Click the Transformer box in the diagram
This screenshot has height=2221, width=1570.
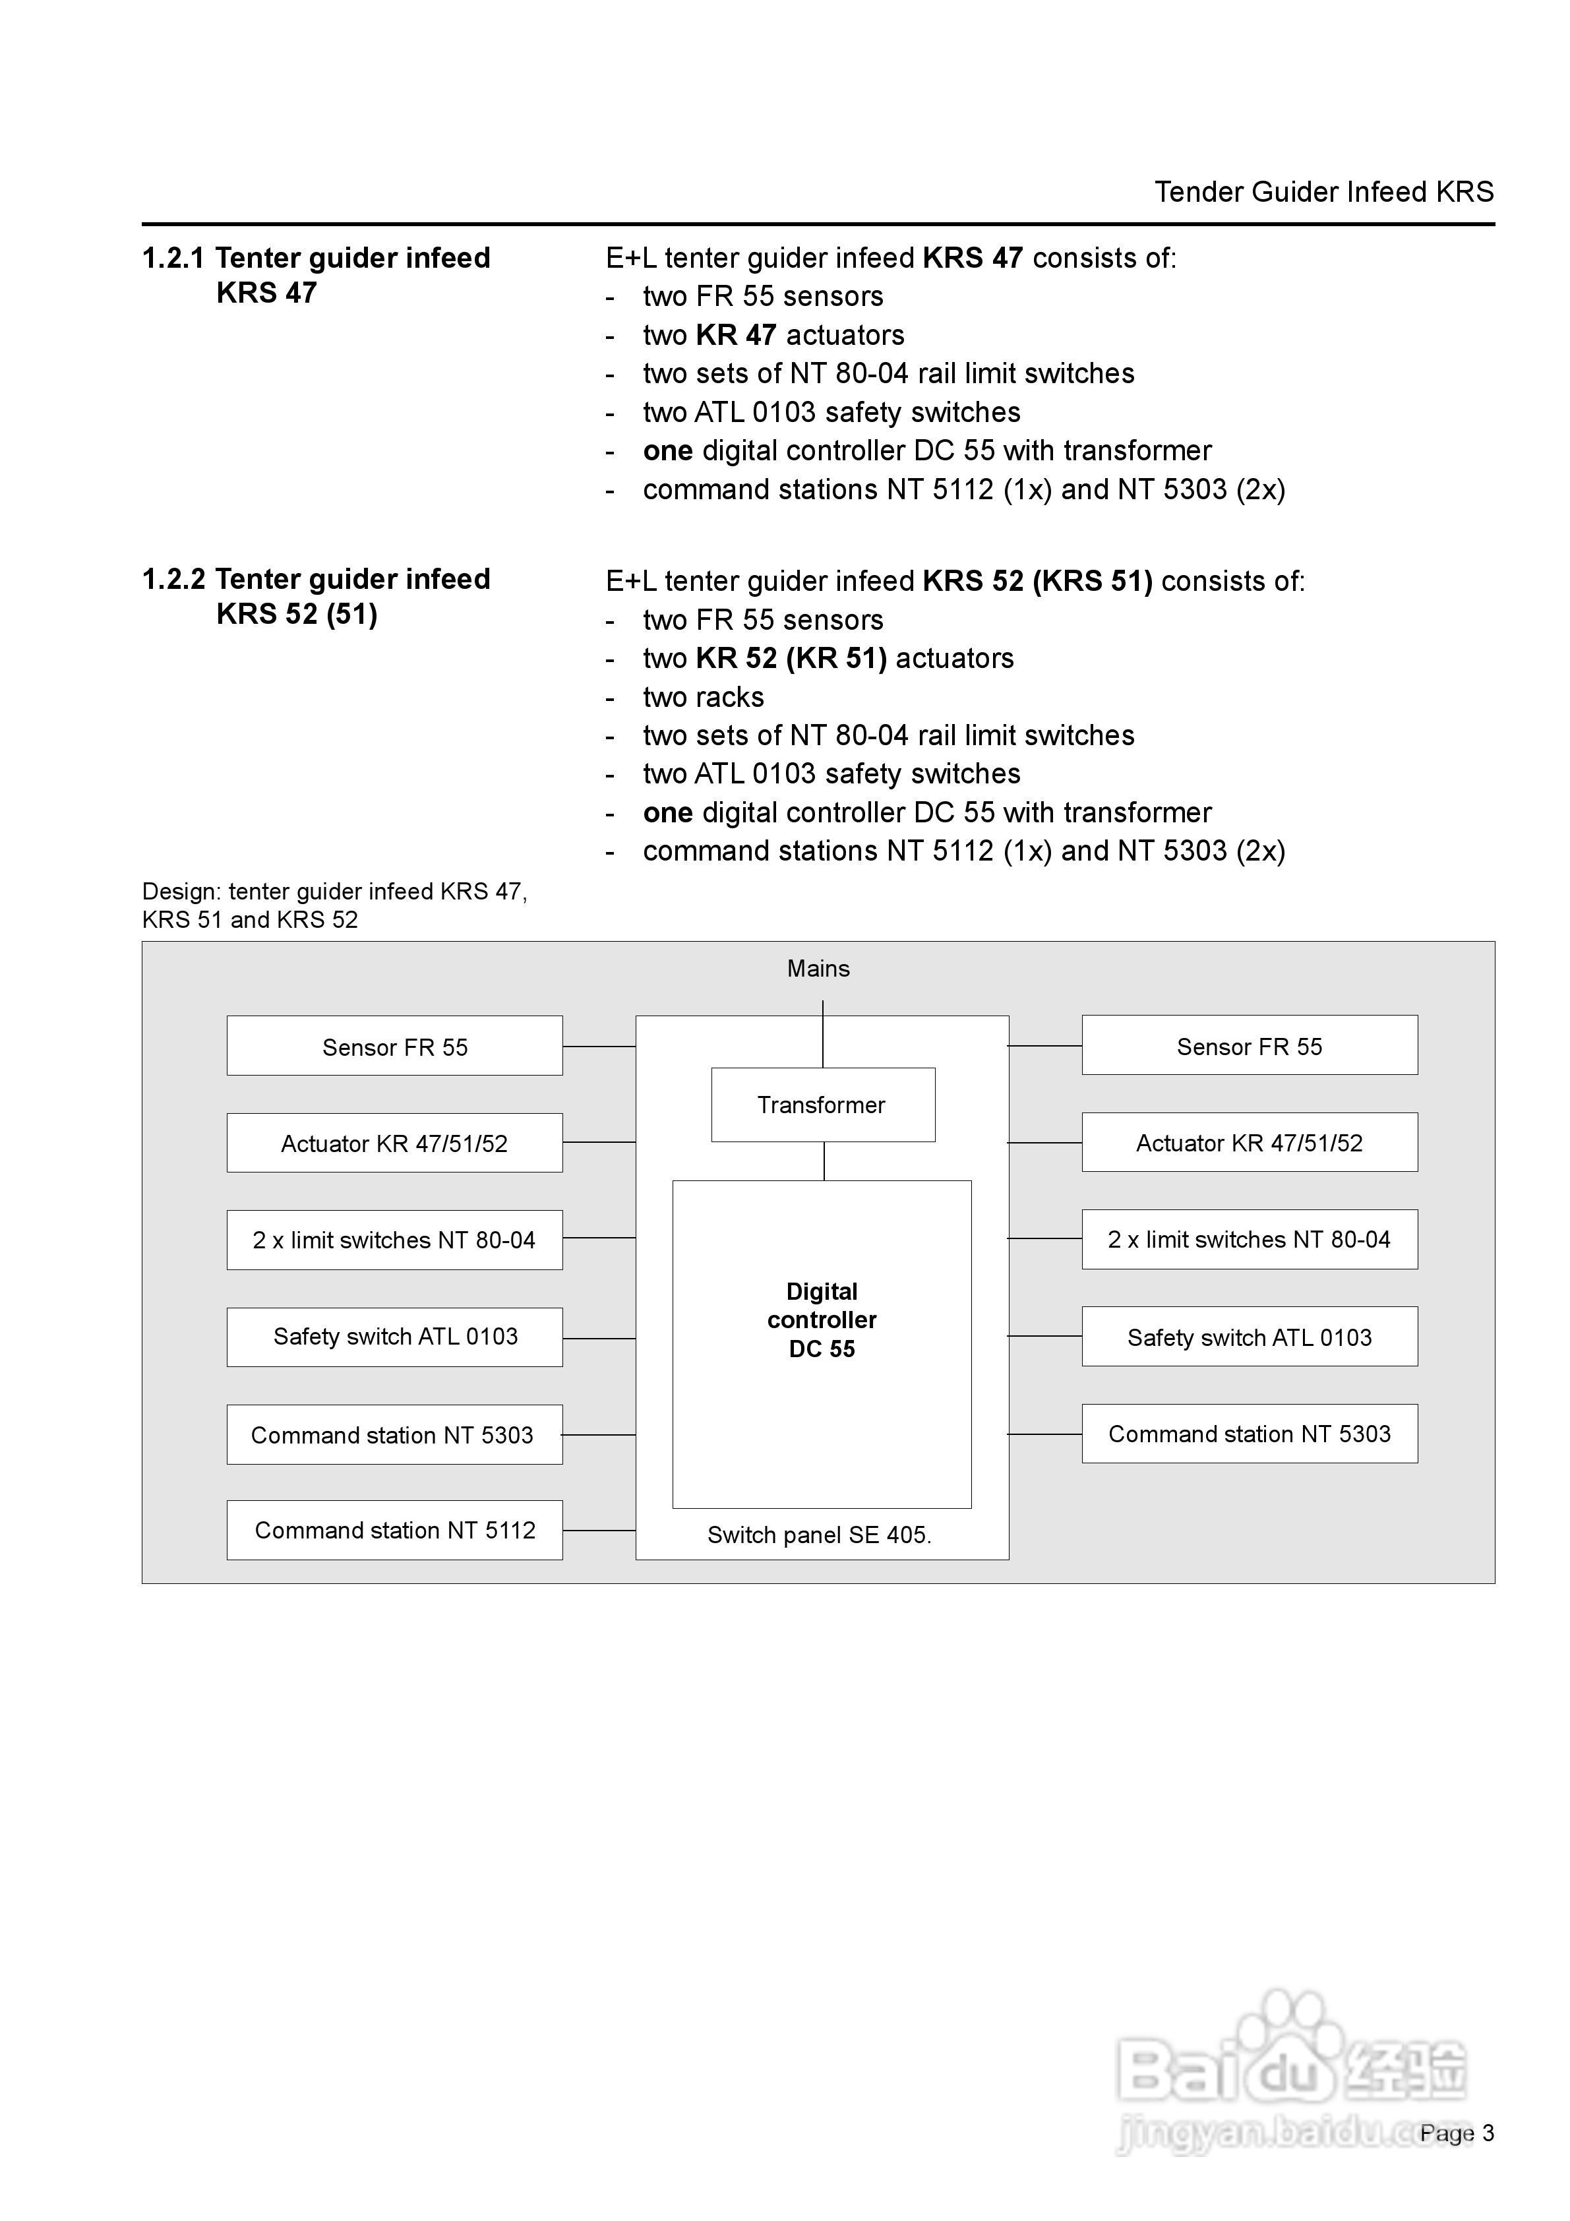coord(823,1105)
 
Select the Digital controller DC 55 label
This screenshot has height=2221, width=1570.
coord(822,1320)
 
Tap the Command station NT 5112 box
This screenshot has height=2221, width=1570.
coord(395,1531)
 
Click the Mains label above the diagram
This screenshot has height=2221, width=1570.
coord(818,968)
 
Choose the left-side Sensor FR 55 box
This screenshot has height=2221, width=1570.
coord(395,1046)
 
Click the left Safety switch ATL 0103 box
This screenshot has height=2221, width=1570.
coord(395,1337)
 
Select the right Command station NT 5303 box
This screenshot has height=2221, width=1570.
coord(1250,1434)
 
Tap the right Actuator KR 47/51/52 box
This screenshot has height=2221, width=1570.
coord(1250,1142)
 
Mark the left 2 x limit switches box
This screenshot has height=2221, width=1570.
coord(395,1240)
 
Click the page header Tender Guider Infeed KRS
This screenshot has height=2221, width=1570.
coord(1324,191)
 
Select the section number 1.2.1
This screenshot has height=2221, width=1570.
coord(173,259)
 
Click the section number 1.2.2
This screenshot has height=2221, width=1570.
coord(173,580)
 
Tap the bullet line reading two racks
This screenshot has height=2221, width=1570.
coord(704,698)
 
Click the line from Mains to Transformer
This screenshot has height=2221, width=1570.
coord(823,1034)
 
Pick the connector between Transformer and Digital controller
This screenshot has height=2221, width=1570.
coord(824,1161)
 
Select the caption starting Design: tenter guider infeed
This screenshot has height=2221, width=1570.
coord(335,905)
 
